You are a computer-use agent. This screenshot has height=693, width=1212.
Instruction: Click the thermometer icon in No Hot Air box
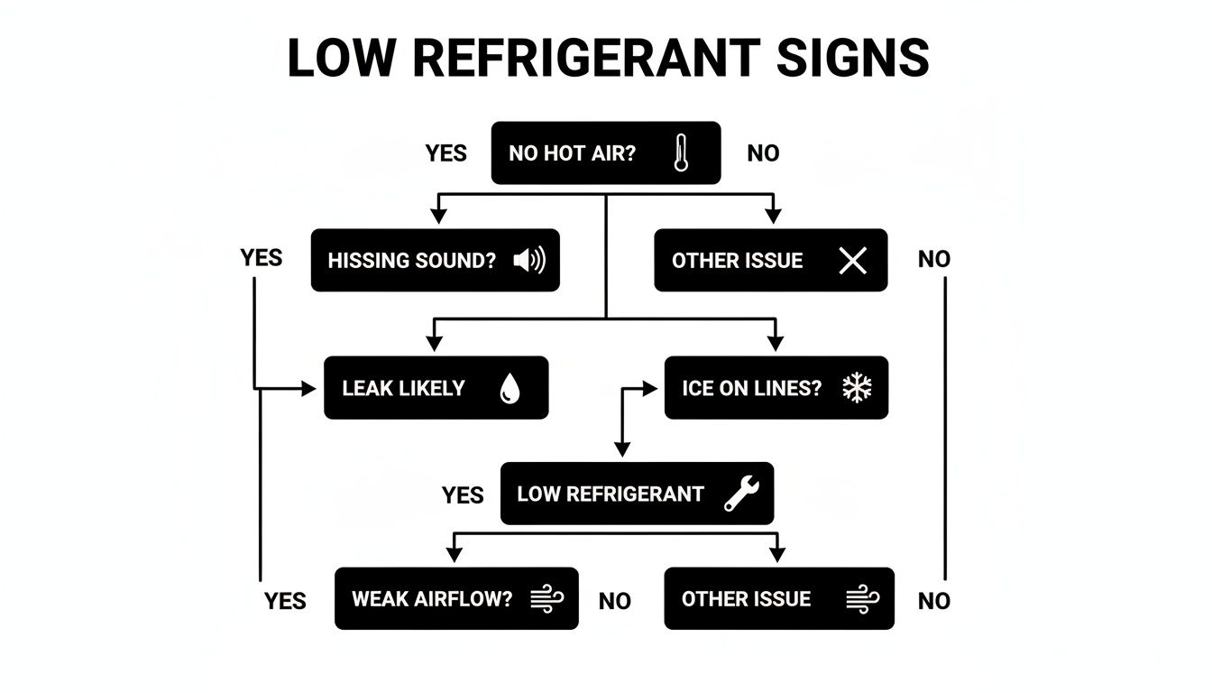tap(680, 153)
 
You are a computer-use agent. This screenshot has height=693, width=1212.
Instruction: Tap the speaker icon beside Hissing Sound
tap(529, 261)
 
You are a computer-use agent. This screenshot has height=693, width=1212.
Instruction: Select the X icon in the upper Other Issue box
tap(852, 261)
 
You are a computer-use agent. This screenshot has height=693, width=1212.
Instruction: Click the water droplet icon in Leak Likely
tap(510, 389)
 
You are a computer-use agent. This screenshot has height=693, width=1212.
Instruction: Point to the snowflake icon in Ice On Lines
tap(857, 388)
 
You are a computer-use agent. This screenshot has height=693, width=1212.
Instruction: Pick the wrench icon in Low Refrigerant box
tap(742, 494)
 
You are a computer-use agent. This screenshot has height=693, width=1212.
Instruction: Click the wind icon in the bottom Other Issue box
tap(862, 598)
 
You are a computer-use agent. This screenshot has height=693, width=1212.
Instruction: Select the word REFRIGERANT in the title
tap(582, 59)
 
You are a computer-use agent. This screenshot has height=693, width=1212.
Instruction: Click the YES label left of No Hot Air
tap(445, 153)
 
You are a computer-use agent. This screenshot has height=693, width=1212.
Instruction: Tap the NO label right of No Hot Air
tap(763, 153)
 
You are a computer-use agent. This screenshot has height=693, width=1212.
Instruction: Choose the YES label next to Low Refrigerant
tap(463, 495)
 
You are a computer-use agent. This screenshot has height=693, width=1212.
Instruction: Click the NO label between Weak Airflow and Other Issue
tap(614, 601)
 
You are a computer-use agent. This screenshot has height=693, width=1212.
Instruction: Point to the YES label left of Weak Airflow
tap(285, 601)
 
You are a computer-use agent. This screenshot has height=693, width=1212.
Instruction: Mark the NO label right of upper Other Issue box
tap(933, 260)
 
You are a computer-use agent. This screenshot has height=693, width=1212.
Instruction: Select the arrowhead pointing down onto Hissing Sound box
tap(438, 217)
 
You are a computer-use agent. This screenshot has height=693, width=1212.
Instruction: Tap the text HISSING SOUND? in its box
tap(412, 261)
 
